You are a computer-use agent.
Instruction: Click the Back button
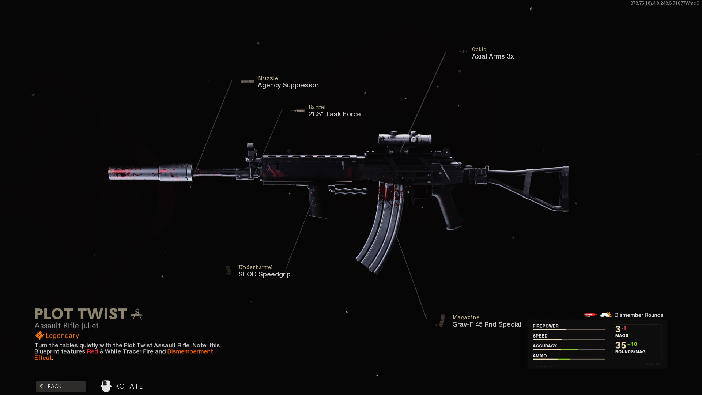[x=61, y=386]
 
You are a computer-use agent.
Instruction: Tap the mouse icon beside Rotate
[x=106, y=386]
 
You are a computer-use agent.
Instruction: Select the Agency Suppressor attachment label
[x=288, y=85]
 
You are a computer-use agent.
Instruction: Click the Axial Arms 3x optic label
[x=492, y=56]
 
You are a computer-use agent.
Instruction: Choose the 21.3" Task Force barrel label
[x=334, y=114]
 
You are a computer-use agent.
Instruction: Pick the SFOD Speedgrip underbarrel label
[x=264, y=274]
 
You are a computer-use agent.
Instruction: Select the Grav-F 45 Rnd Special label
[x=487, y=324]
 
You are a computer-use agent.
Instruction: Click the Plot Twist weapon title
[x=81, y=314]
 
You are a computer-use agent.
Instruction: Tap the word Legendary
[x=62, y=336]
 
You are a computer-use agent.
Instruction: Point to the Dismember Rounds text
[x=638, y=315]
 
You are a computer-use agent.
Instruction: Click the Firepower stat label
[x=546, y=326]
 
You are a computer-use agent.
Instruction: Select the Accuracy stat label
[x=544, y=346]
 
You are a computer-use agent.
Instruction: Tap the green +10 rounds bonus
[x=632, y=344]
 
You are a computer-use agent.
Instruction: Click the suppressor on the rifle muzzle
[x=150, y=173]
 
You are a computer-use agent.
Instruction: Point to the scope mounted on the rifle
[x=405, y=139]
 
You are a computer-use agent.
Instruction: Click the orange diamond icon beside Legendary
[x=39, y=336]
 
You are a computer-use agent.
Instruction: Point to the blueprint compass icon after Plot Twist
[x=137, y=314]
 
